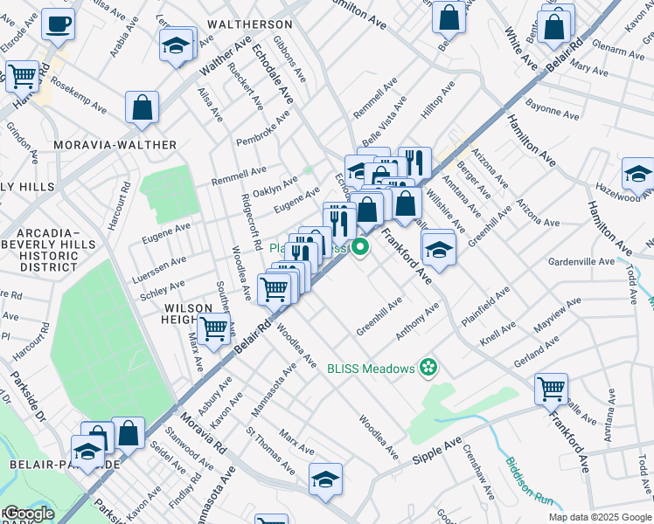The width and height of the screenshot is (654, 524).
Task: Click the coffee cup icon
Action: pyautogui.click(x=58, y=24)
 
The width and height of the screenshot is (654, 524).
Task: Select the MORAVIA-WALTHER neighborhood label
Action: pyautogui.click(x=115, y=145)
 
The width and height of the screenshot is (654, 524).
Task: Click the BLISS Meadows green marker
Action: pyautogui.click(x=428, y=369)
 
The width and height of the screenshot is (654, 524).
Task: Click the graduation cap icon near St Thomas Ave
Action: pyautogui.click(x=325, y=479)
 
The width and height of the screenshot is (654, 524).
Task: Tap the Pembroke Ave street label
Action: pyautogui.click(x=262, y=129)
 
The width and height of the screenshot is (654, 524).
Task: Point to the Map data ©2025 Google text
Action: pyautogui.click(x=600, y=517)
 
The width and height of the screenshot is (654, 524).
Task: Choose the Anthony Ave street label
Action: pyautogui.click(x=417, y=322)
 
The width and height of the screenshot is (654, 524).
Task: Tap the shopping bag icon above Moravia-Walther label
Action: pyautogui.click(x=142, y=108)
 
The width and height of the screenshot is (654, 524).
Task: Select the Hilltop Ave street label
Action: pyautogui.click(x=437, y=101)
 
